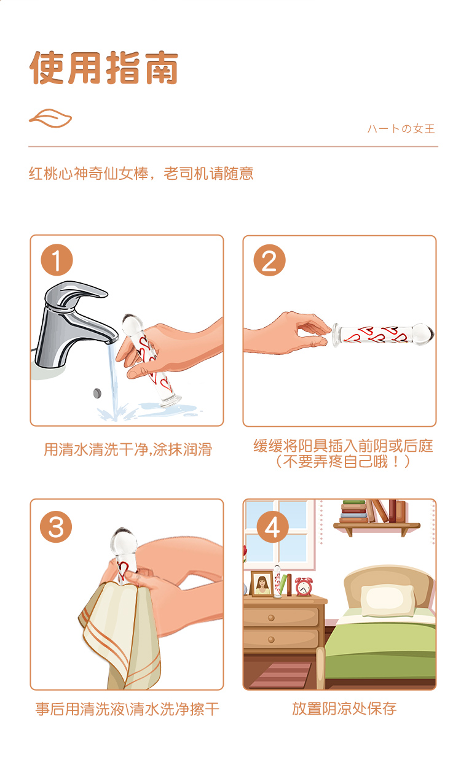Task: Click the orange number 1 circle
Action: tap(57, 260)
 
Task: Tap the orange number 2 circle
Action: tap(269, 260)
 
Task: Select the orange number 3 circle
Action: tap(56, 527)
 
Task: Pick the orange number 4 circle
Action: tap(272, 526)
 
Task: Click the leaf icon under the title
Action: tap(50, 118)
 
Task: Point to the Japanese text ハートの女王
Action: tap(401, 129)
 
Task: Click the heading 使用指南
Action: tap(104, 68)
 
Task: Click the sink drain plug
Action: tap(98, 393)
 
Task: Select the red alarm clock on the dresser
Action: tap(304, 586)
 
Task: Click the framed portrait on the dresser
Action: tap(262, 584)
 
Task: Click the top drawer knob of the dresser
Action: tap(271, 618)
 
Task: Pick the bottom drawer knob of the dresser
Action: tap(271, 640)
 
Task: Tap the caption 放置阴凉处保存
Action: tap(344, 709)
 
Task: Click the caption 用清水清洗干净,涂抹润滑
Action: tap(128, 449)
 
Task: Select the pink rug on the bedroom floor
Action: tap(280, 675)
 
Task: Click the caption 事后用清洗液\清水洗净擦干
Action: tap(127, 709)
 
